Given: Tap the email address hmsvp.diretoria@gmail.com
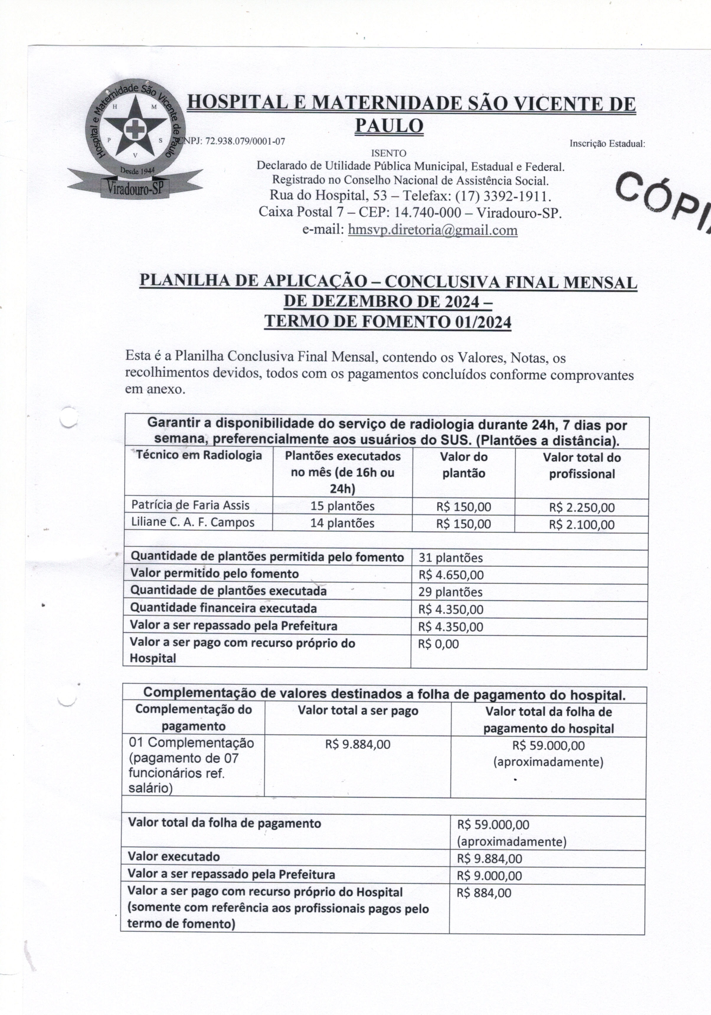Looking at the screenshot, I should click(x=433, y=230).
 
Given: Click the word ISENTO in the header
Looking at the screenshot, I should click(x=388, y=153).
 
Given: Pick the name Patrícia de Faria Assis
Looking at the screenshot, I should click(x=190, y=505).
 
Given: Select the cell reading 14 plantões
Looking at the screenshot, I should click(x=342, y=523).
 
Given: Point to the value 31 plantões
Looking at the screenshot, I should click(x=450, y=558).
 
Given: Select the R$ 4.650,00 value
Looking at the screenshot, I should click(x=451, y=575).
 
